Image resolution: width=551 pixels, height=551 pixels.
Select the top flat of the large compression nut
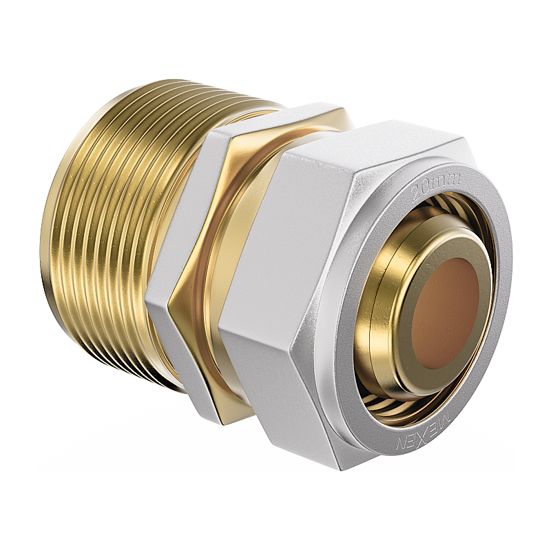(386, 141)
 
